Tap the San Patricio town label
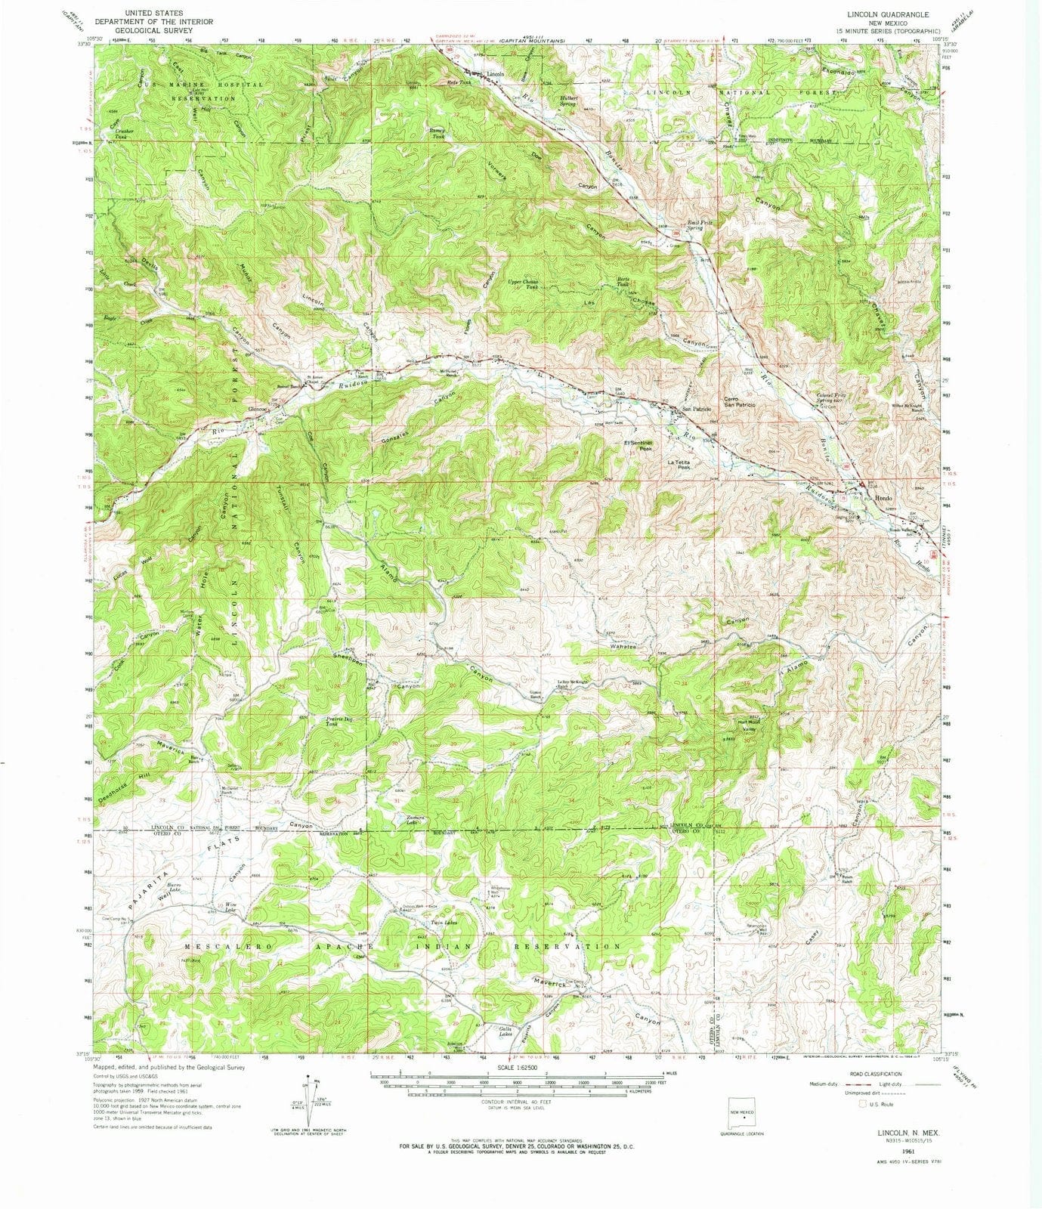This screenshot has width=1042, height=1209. coord(698,409)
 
